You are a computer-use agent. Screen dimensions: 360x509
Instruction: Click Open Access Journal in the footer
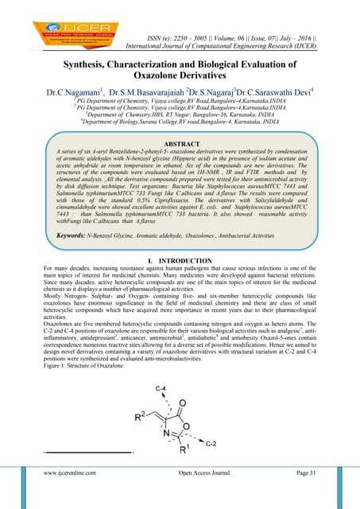pos(189,495)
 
